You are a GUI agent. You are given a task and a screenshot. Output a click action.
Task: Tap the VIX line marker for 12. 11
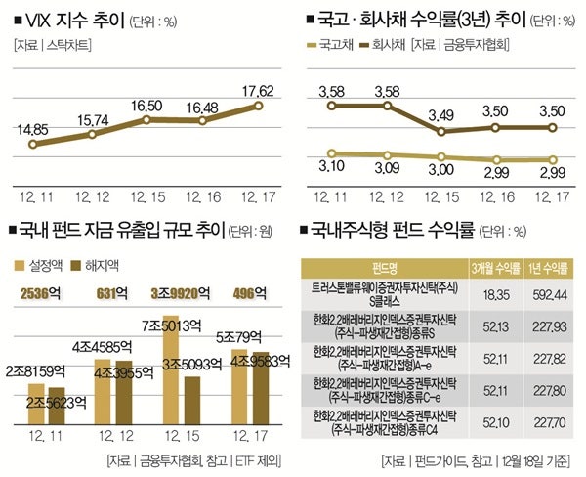pyautogui.click(x=32, y=144)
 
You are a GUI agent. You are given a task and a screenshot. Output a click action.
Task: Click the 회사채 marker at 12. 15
pyautogui.click(x=441, y=131)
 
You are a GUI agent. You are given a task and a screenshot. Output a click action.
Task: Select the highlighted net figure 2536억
pyautogui.click(x=45, y=291)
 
